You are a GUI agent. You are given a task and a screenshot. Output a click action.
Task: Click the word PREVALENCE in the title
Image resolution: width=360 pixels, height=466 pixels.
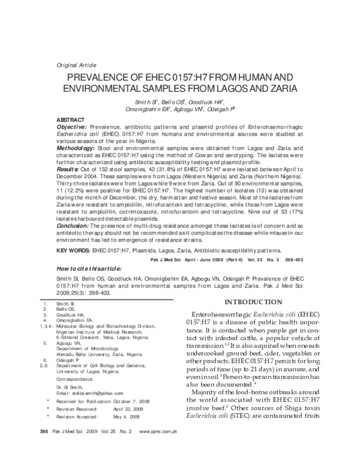(105, 78)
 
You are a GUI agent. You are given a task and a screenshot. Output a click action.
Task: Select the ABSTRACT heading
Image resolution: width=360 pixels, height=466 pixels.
(70, 120)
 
